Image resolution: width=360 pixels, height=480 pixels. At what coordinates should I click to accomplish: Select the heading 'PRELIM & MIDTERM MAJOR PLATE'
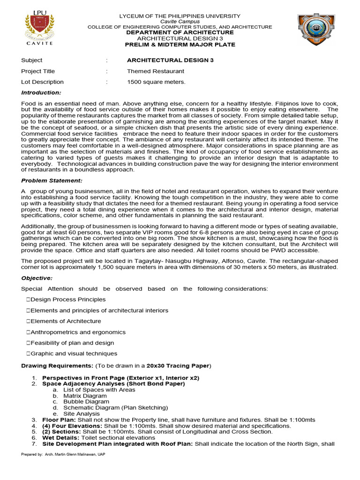(180, 45)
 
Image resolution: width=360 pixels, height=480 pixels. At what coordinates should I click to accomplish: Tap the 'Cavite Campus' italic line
(180, 22)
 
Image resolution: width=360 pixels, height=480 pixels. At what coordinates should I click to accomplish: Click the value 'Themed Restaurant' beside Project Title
(156, 71)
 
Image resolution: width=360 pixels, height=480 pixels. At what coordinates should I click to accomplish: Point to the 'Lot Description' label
(42, 82)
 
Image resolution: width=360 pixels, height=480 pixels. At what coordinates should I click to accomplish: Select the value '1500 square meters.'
(156, 82)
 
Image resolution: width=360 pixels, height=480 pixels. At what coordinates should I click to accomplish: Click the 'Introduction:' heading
(41, 93)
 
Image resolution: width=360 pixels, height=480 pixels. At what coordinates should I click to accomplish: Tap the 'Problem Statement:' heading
(52, 180)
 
